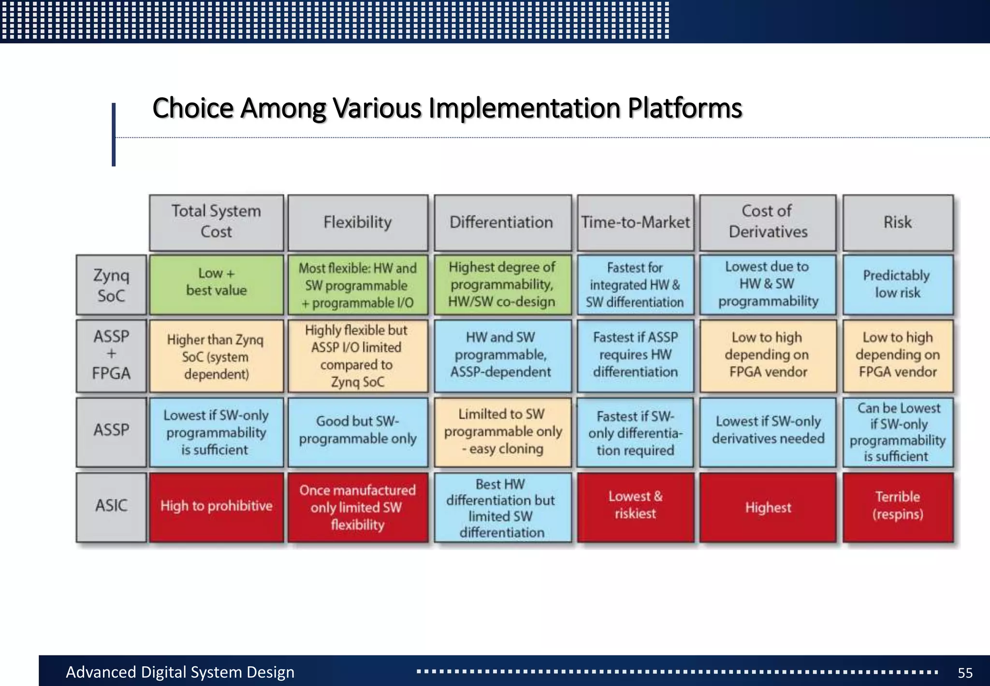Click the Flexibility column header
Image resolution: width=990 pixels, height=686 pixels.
358,223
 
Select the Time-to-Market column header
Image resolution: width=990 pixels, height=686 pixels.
635,223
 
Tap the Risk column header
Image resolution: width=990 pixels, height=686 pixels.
898,223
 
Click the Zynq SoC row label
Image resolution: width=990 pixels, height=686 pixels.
111,285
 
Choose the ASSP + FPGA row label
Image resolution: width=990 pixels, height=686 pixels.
111,355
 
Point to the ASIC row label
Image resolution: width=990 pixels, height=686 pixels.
111,506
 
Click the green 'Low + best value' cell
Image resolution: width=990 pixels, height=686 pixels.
216,284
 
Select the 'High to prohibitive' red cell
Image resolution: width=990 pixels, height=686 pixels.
216,507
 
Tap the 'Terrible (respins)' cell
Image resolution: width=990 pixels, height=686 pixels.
898,506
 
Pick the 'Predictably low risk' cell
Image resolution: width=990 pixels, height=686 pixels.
898,284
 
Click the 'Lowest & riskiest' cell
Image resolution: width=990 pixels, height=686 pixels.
635,506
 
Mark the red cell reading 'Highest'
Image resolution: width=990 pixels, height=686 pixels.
768,507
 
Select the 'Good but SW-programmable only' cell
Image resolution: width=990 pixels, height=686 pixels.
358,431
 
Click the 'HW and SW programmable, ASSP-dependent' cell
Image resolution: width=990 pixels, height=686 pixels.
502,355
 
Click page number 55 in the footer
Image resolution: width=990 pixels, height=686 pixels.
965,672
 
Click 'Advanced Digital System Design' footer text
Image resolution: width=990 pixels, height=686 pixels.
180,672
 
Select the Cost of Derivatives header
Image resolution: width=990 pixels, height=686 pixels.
768,223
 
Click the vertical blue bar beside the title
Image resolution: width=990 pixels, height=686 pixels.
114,134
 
